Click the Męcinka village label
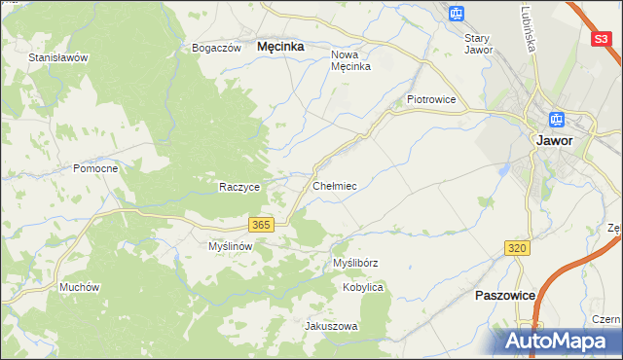click(x=280, y=46)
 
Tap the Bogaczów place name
click(x=216, y=48)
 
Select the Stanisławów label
click(x=58, y=57)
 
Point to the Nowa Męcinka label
click(x=351, y=60)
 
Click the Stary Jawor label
click(x=478, y=44)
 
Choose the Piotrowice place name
click(x=431, y=99)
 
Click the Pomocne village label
click(x=95, y=168)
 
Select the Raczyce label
click(x=239, y=187)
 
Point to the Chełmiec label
click(x=334, y=185)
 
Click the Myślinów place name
click(x=231, y=246)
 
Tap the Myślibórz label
click(x=354, y=263)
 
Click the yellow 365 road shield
click(x=260, y=225)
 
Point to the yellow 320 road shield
click(x=517, y=249)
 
